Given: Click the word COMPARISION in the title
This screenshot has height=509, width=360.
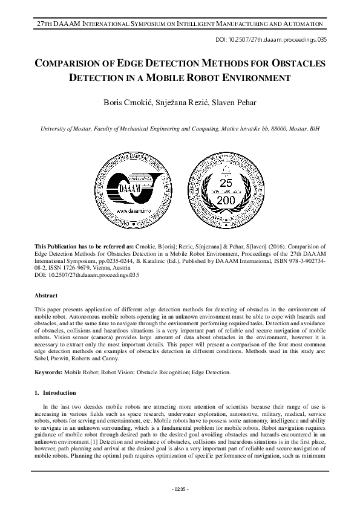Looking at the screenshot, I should click(77, 63).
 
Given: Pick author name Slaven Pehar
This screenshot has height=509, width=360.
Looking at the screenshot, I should click(228, 103).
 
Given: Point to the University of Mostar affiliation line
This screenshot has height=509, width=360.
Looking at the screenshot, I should click(180, 129).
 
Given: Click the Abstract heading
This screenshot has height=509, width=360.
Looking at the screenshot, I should click(47, 297).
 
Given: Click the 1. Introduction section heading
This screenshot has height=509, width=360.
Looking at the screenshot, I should click(55, 393).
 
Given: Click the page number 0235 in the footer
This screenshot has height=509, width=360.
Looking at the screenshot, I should click(180, 488).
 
